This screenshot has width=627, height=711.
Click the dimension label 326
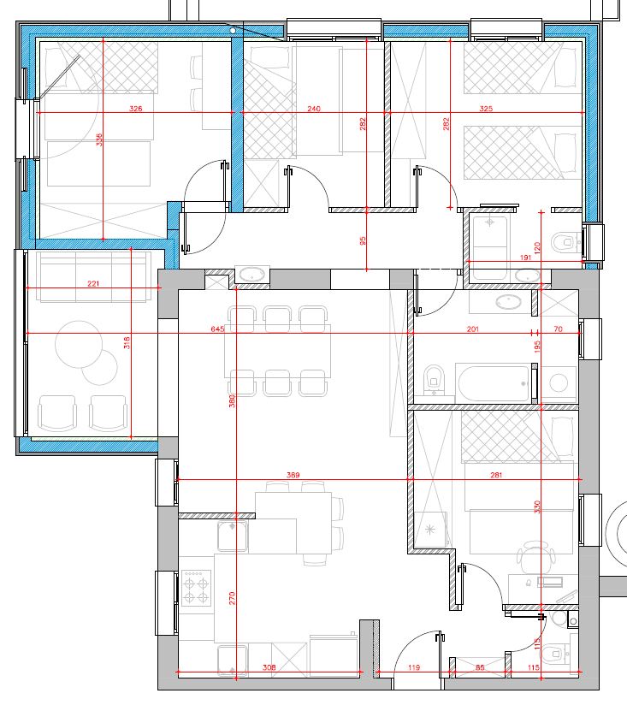pyautogui.click(x=135, y=109)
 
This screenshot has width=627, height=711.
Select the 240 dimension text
pyautogui.click(x=314, y=109)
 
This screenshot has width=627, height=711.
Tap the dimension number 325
pyautogui.click(x=486, y=109)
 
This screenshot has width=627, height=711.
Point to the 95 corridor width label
pyautogui.click(x=363, y=240)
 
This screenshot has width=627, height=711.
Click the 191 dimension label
pyautogui.click(x=525, y=258)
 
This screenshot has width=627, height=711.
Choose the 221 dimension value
pyautogui.click(x=93, y=283)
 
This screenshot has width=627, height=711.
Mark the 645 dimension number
pyautogui.click(x=217, y=329)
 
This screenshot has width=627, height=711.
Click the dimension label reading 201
pyautogui.click(x=472, y=329)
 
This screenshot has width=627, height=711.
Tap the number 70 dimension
pyautogui.click(x=558, y=329)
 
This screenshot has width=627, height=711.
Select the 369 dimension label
pyautogui.click(x=293, y=475)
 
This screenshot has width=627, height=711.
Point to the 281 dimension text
pyautogui.click(x=496, y=475)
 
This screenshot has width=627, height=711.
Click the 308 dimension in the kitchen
pyautogui.click(x=269, y=667)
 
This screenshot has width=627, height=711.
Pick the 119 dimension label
pyautogui.click(x=413, y=667)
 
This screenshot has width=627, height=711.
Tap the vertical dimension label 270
pyautogui.click(x=232, y=598)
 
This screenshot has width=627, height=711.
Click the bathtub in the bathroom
pyautogui.click(x=494, y=382)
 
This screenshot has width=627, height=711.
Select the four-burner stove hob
pyautogui.click(x=197, y=588)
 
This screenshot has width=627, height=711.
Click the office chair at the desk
pyautogui.click(x=536, y=556)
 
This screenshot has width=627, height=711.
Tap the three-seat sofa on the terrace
pyautogui.click(x=93, y=277)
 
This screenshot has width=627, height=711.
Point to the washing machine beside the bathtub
pyautogui.click(x=559, y=383)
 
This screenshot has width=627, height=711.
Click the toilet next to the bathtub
pyautogui.click(x=434, y=380)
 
